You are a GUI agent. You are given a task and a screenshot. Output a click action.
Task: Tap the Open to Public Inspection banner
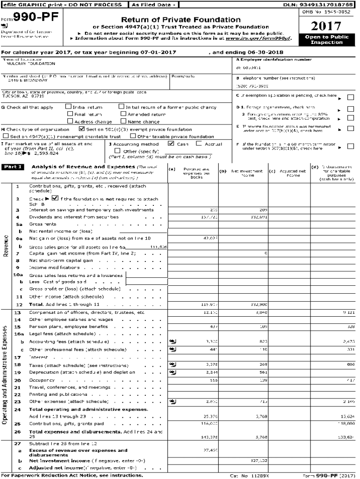pos(326,39)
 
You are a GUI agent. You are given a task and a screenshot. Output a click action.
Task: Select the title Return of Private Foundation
pos(181,20)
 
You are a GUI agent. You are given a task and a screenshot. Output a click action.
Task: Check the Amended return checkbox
pos(123,114)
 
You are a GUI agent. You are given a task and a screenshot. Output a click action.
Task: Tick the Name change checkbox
pos(123,121)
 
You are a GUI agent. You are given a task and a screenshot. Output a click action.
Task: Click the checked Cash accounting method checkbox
pos(171,144)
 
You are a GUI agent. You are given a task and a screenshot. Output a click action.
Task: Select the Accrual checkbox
pos(199,144)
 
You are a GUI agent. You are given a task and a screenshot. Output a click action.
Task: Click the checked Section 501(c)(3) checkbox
pos(82,129)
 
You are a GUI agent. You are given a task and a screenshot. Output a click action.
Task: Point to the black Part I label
pos(13,167)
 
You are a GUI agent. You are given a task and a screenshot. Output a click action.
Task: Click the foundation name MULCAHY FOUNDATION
pos(28,64)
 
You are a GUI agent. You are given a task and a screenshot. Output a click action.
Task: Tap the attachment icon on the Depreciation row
pos(172,372)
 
